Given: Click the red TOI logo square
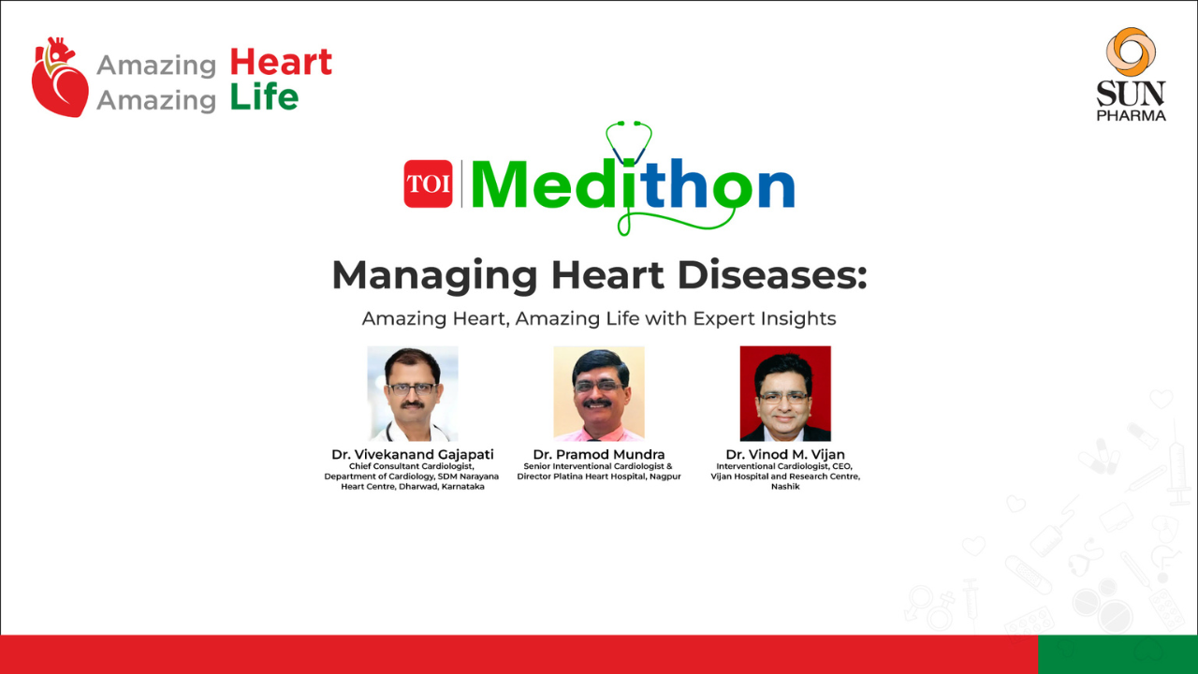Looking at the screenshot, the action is tap(428, 183).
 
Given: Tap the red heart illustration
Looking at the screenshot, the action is tap(60, 78).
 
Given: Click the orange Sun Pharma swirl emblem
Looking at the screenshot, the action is tap(1131, 51).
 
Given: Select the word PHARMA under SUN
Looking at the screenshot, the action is tap(1132, 115).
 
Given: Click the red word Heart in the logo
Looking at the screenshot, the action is tap(281, 62).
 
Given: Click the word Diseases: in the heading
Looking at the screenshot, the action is tap(772, 275).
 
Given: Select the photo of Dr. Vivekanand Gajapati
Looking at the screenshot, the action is tap(413, 393).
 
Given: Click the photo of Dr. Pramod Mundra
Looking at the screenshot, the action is tap(599, 393).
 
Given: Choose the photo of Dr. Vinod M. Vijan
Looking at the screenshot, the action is tap(785, 393).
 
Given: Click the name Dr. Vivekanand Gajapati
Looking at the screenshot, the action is tap(413, 454).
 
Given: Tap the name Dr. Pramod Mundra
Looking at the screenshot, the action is tap(599, 454).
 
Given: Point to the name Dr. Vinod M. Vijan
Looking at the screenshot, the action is tap(785, 454).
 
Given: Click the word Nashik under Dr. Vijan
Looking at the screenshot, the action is tap(785, 486).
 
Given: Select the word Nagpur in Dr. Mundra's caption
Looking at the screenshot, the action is tap(665, 476).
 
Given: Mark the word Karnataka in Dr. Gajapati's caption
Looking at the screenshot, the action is tap(462, 486).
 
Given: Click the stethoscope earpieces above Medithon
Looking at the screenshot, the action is tap(629, 125).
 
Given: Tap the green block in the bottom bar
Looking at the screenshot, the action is tap(1118, 654).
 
